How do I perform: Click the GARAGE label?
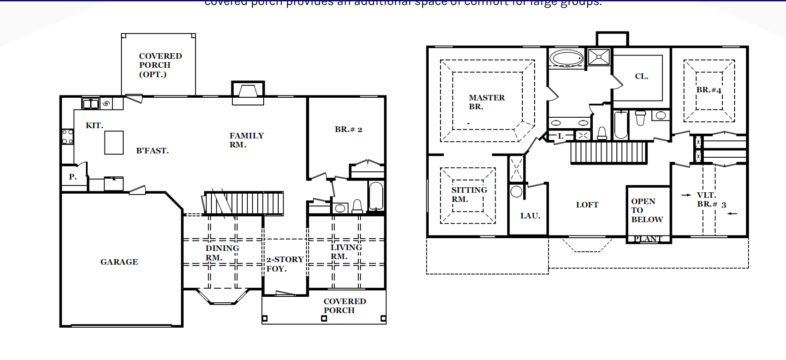[x=119, y=262]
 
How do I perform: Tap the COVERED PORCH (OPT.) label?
[x=160, y=65]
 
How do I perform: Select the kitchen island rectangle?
[x=114, y=143]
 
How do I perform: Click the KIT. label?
[x=94, y=125]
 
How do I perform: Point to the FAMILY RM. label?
[x=246, y=140]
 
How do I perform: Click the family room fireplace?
[x=248, y=92]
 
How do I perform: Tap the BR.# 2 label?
[x=348, y=130]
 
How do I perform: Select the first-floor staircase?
[x=244, y=203]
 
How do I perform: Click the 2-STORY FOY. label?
[x=284, y=264]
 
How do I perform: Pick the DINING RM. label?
[x=221, y=253]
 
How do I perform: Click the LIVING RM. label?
[x=345, y=252]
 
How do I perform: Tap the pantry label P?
[x=73, y=177]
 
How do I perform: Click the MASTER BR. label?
[x=486, y=102]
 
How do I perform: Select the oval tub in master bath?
[x=566, y=58]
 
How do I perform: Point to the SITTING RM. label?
[x=469, y=195]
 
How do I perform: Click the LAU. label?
[x=530, y=216]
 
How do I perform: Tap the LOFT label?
[x=587, y=205]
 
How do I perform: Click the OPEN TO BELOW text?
[x=646, y=210]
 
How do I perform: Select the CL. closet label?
[x=641, y=76]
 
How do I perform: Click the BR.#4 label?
[x=708, y=90]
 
